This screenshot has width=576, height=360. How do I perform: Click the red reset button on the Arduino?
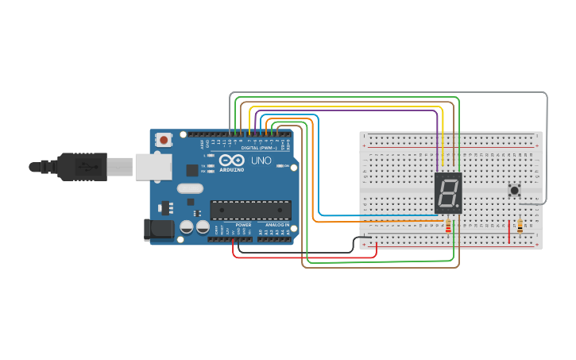click(x=164, y=140)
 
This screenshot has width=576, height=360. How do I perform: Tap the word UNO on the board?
click(x=261, y=161)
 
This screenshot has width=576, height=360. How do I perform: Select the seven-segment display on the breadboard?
click(x=448, y=192)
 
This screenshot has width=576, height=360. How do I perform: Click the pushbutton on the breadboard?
click(x=514, y=190)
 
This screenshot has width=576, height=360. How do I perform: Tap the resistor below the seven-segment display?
click(x=448, y=226)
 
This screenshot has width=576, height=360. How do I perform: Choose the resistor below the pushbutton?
click(x=520, y=226)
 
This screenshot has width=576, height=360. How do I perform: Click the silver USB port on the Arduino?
click(x=153, y=167)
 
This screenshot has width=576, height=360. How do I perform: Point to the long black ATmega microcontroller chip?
click(x=250, y=210)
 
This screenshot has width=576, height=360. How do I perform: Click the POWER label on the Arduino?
click(x=243, y=225)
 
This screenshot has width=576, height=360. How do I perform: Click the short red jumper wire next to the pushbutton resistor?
click(x=509, y=233)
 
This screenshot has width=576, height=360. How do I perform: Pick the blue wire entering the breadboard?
click(x=373, y=215)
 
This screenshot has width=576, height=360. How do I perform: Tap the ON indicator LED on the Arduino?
click(x=280, y=166)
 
